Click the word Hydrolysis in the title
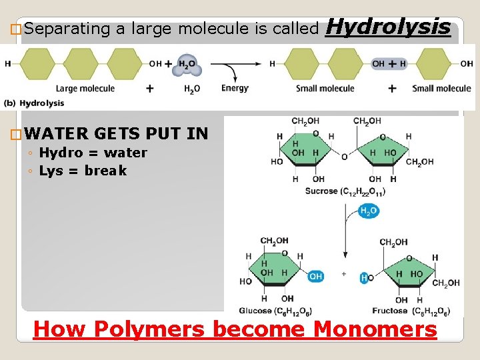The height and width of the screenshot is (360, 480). click(x=390, y=27)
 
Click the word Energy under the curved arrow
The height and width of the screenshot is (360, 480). click(x=235, y=88)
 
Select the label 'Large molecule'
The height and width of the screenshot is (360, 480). click(x=85, y=88)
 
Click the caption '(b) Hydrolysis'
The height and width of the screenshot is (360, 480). click(x=34, y=103)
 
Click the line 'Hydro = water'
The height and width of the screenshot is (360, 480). click(x=93, y=153)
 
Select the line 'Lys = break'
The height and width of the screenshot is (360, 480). click(x=82, y=171)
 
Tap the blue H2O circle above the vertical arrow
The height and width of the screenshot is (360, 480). click(x=368, y=211)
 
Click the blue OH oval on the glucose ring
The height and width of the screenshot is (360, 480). click(x=315, y=276)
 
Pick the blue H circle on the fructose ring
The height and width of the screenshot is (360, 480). click(x=365, y=278)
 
